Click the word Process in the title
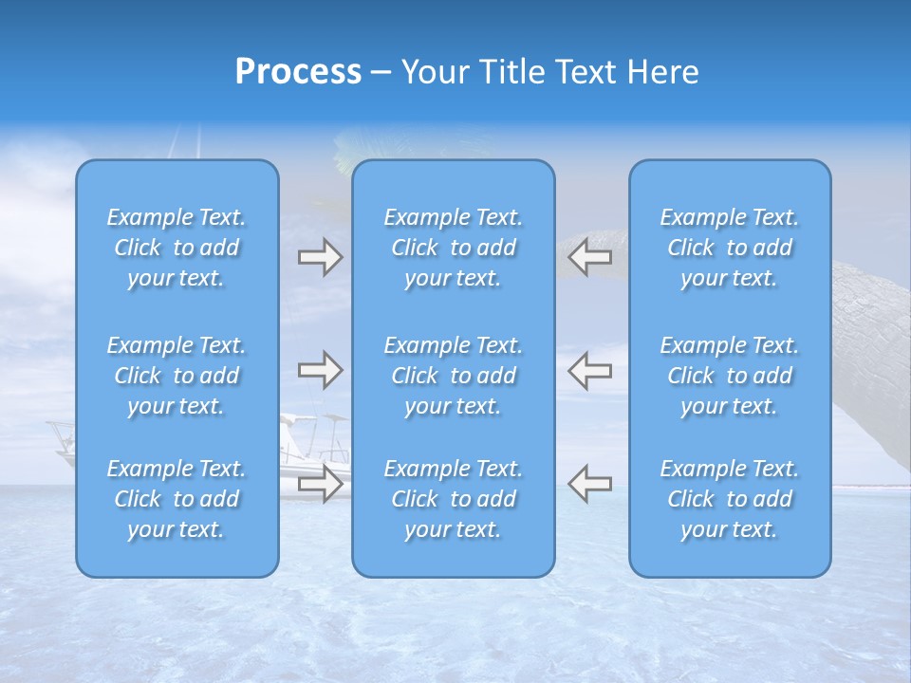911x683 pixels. [298, 72]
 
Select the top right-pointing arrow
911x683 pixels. [320, 257]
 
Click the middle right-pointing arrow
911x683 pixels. [320, 370]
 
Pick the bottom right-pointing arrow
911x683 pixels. [320, 483]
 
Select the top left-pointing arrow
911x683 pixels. [590, 257]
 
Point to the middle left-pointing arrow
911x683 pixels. [590, 370]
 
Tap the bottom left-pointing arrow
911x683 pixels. [590, 483]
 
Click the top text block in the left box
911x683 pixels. [177, 248]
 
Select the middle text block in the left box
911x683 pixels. [177, 376]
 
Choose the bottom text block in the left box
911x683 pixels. [177, 499]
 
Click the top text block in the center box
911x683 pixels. [454, 248]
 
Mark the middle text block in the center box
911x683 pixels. [454, 376]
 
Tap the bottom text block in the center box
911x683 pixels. [454, 499]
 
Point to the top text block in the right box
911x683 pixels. [730, 248]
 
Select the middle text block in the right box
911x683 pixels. [730, 376]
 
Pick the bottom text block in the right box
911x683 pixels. [730, 499]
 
